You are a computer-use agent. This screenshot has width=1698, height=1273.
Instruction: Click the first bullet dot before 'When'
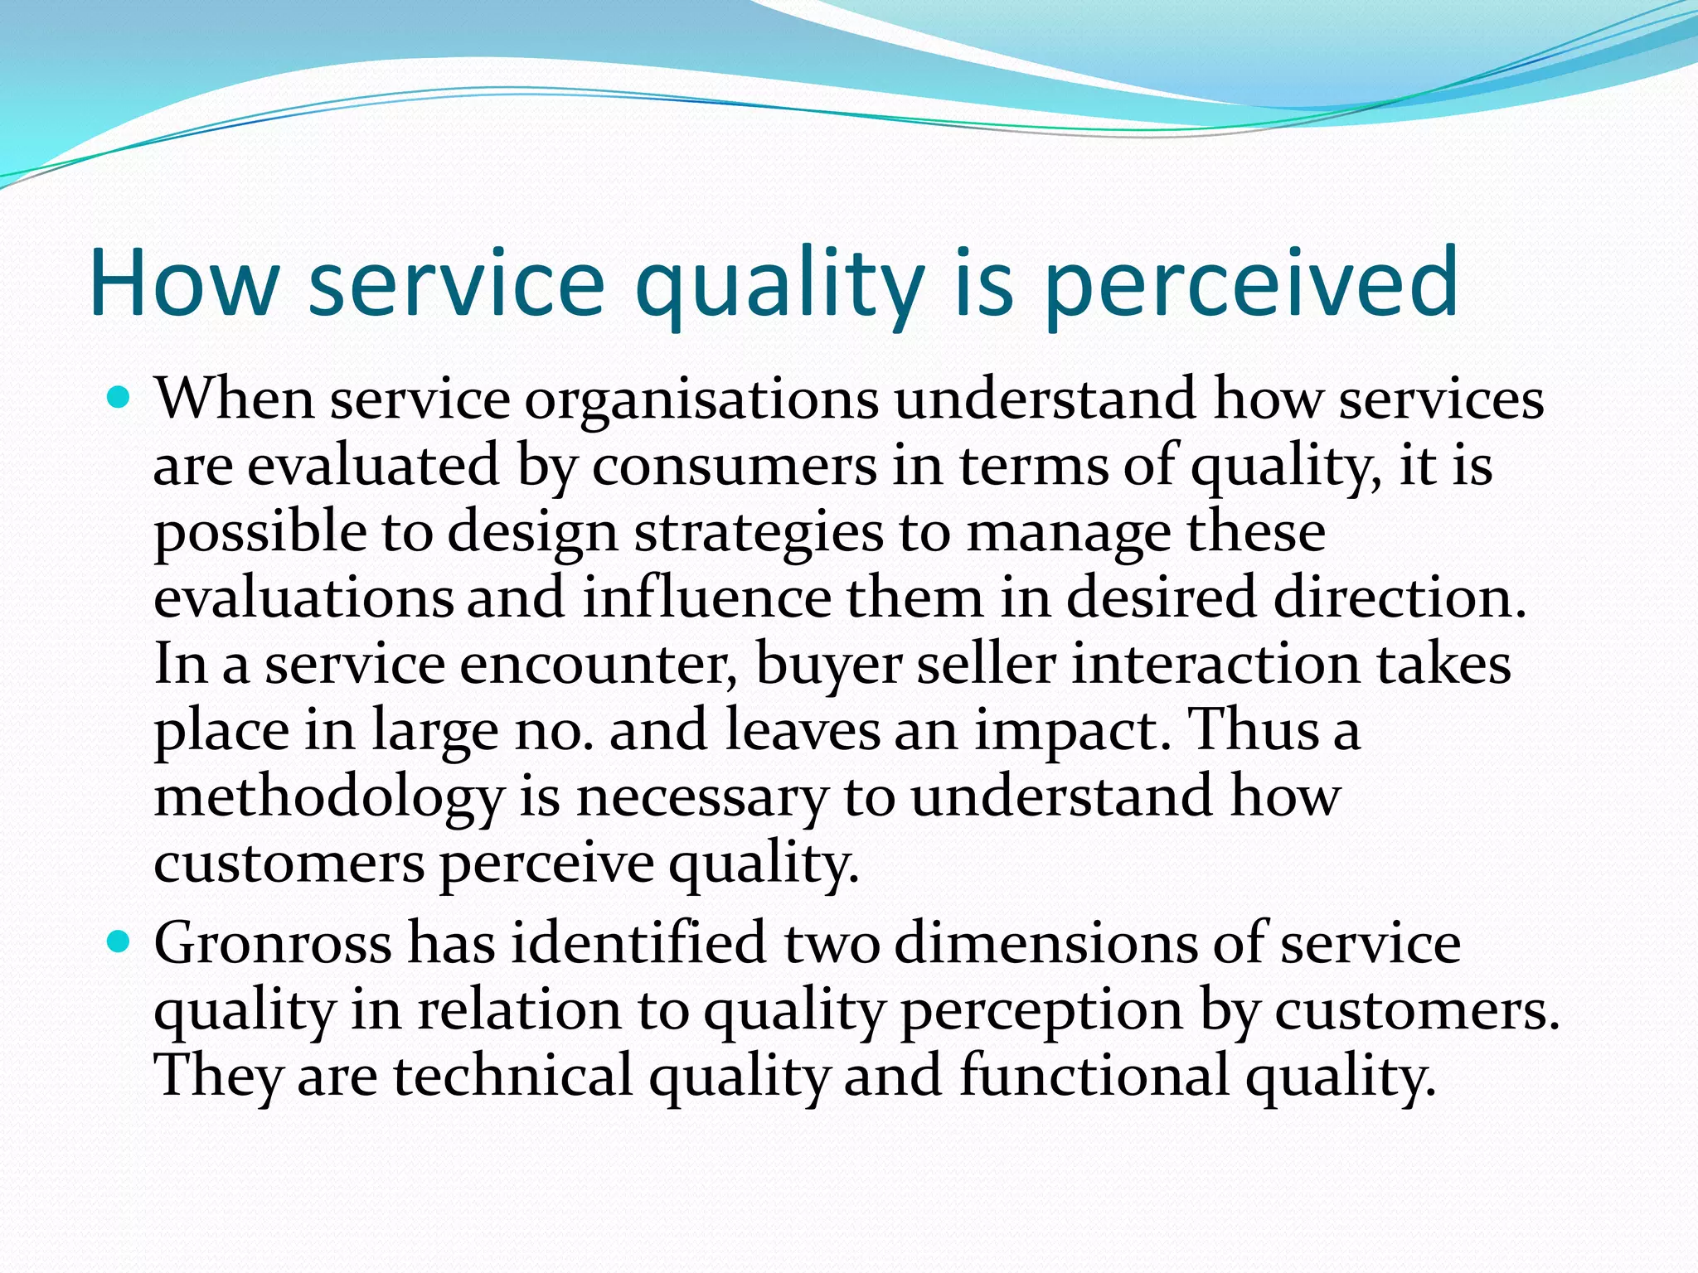120,399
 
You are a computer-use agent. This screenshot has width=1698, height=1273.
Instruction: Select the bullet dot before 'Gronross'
120,942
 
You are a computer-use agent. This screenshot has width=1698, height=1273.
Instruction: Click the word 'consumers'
734,467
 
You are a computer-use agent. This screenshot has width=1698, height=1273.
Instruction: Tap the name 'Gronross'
273,945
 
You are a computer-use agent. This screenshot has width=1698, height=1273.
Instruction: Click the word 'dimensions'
1046,945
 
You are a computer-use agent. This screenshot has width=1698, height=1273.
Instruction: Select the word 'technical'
513,1077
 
